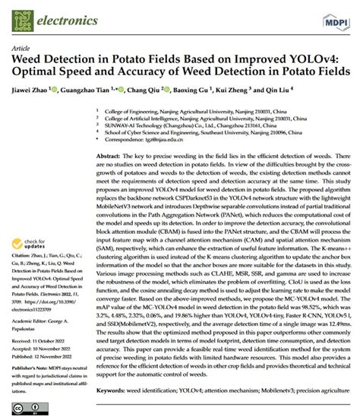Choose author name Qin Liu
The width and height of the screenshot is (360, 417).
click(x=311, y=90)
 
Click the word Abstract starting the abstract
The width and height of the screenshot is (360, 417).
click(x=108, y=154)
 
